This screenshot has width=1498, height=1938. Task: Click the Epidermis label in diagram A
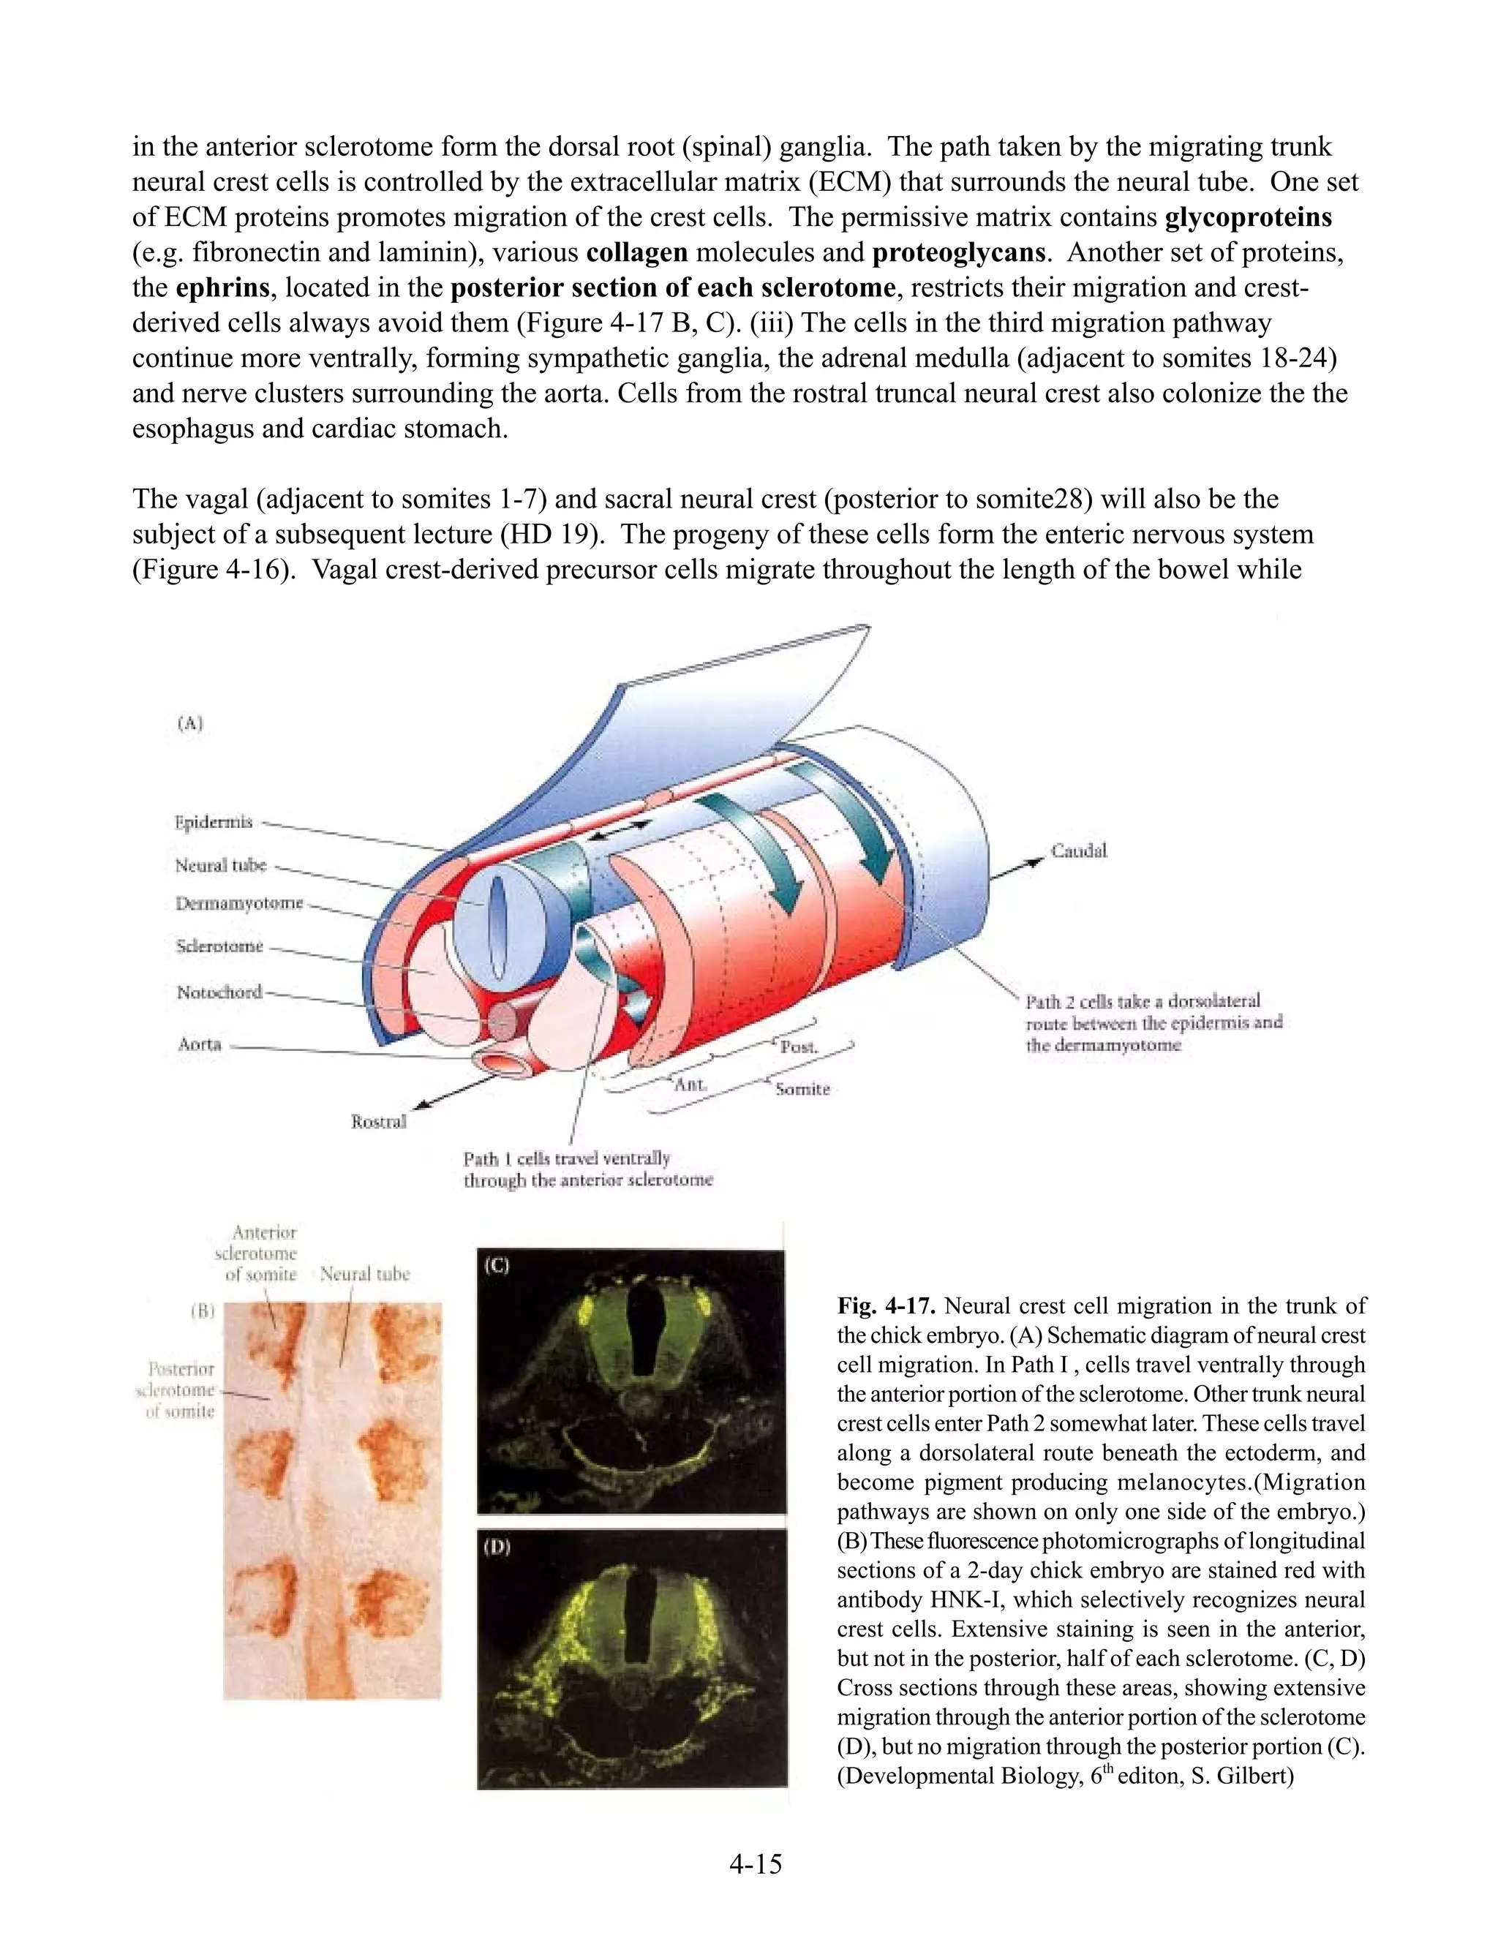213,822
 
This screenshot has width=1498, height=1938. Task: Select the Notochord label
219,992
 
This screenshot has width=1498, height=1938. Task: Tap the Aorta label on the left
199,1044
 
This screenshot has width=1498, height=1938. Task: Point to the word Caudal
1079,851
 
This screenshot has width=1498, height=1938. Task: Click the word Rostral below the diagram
379,1122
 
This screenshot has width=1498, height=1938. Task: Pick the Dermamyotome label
238,903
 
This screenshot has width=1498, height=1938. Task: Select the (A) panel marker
190,723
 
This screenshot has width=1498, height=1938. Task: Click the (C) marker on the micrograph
495,1265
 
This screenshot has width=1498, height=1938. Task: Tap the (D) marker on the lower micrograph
497,1547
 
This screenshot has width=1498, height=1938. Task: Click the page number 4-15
755,1864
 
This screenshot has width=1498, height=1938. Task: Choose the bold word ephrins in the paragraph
223,288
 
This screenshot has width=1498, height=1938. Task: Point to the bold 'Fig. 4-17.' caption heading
887,1306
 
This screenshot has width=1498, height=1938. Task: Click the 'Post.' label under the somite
799,1047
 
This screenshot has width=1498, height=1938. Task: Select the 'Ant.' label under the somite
690,1085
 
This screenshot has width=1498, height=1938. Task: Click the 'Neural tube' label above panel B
365,1274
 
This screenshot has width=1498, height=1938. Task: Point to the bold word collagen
637,253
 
